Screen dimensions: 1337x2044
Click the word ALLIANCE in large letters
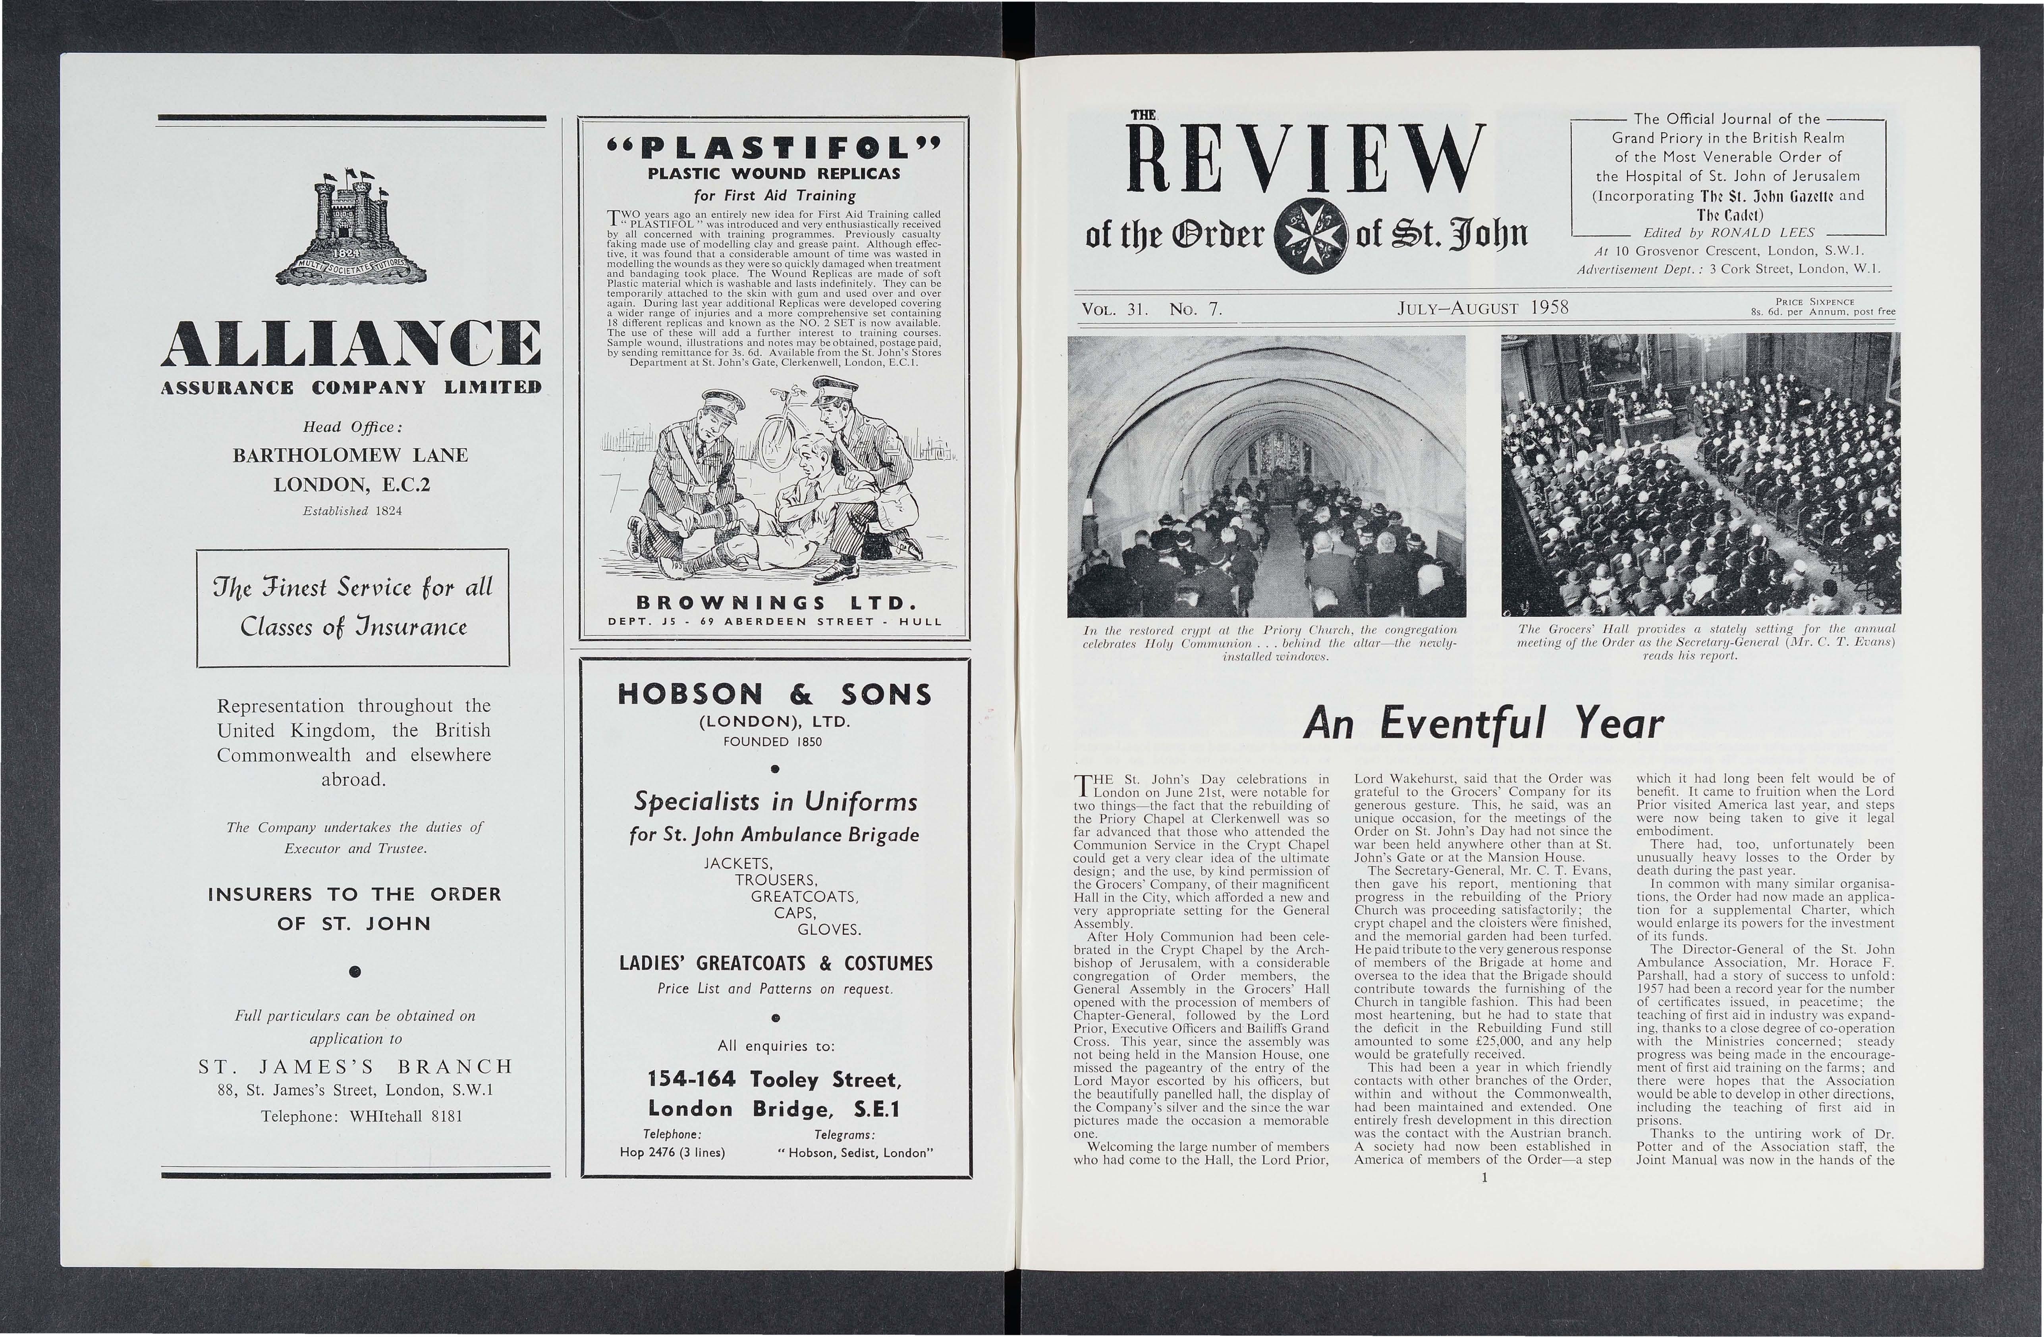tap(352, 353)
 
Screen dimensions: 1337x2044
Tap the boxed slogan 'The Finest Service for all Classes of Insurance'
tap(353, 607)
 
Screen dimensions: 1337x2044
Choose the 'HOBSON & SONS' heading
tap(775, 694)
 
